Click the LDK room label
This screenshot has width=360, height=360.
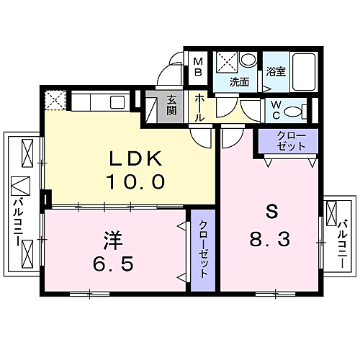136,158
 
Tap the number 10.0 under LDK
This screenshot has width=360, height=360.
136,181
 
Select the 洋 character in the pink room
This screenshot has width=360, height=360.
113,240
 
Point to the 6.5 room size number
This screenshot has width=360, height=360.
113,264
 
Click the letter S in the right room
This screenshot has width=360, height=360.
271,212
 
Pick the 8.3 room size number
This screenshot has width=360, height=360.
269,239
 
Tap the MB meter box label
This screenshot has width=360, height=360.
198,67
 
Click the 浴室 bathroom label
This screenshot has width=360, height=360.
276,71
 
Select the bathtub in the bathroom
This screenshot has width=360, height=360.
304,71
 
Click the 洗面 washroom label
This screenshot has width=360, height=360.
239,82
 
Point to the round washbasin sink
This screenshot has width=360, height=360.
248,59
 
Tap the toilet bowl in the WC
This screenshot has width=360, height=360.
292,112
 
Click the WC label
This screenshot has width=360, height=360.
276,110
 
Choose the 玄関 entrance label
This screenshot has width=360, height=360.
171,105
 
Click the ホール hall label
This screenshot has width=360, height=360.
199,108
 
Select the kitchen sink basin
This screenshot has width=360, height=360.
117,102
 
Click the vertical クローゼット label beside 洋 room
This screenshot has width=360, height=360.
203,249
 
